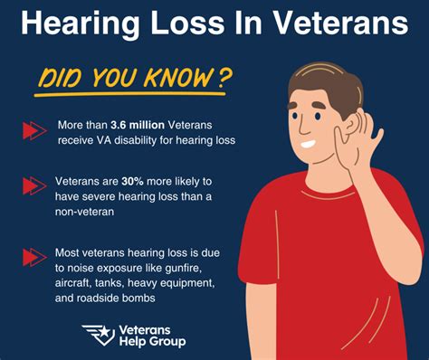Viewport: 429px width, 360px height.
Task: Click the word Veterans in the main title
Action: pyautogui.click(x=340, y=23)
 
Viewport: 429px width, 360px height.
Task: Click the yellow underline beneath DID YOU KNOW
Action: pyautogui.click(x=129, y=94)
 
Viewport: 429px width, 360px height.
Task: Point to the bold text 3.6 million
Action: pyautogui.click(x=138, y=125)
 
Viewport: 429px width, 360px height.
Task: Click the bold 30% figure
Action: pyautogui.click(x=132, y=181)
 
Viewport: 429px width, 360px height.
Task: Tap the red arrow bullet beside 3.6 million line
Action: pyautogui.click(x=34, y=131)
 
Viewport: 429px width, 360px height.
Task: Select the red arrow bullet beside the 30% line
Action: pyautogui.click(x=34, y=185)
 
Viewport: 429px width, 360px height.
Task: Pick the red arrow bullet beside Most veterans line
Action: pyautogui.click(x=34, y=257)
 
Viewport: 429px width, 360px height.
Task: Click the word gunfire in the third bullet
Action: pyautogui.click(x=183, y=268)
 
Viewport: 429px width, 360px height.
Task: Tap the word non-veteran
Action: pyautogui.click(x=85, y=212)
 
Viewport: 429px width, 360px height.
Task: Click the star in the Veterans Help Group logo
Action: pyautogui.click(x=104, y=332)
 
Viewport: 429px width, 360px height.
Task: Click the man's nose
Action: pyautogui.click(x=303, y=128)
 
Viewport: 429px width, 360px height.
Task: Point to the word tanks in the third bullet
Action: pyautogui.click(x=110, y=283)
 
